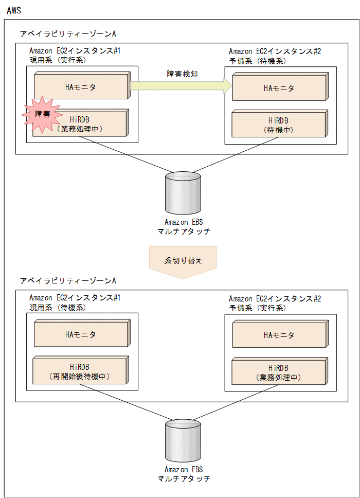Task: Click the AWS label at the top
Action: (x=14, y=10)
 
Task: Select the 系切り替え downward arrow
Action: (x=183, y=261)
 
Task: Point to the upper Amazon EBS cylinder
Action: (x=183, y=193)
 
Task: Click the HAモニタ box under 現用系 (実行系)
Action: (x=81, y=87)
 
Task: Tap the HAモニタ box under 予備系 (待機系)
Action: (x=279, y=88)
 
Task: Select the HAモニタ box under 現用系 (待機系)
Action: (x=81, y=334)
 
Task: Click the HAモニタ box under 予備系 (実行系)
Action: (x=279, y=335)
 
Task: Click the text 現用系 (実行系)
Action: (x=58, y=60)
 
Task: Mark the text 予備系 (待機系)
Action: (x=257, y=61)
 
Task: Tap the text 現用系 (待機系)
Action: (x=58, y=307)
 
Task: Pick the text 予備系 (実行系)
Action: (x=257, y=308)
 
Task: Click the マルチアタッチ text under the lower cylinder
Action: (x=184, y=478)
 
